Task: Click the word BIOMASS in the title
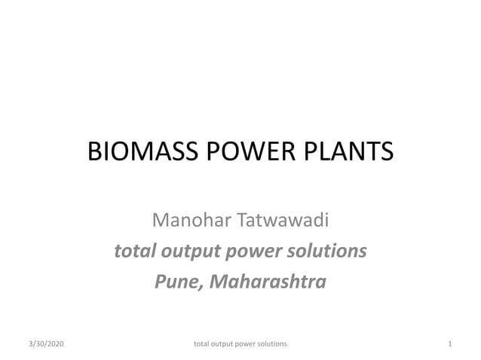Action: (x=140, y=153)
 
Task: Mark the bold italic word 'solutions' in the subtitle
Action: (x=329, y=251)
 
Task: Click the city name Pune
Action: (x=178, y=282)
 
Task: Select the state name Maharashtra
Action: (x=268, y=282)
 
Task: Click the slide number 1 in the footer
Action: (x=449, y=343)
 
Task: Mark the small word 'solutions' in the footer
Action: (x=274, y=343)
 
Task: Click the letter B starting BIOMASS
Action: (x=95, y=153)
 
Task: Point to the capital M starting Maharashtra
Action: (x=219, y=282)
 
